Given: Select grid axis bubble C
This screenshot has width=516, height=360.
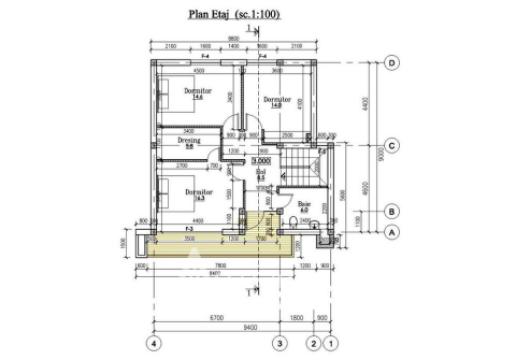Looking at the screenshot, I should pos(393,146).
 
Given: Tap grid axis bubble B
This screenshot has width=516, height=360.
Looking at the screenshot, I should pos(393,211).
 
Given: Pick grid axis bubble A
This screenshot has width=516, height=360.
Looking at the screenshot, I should pos(393,231).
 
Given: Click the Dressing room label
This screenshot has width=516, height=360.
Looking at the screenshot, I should pos(190,142).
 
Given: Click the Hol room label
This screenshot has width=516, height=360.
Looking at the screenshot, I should pos(260,174).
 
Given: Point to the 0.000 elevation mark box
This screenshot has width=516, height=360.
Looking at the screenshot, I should pos(262,160).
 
